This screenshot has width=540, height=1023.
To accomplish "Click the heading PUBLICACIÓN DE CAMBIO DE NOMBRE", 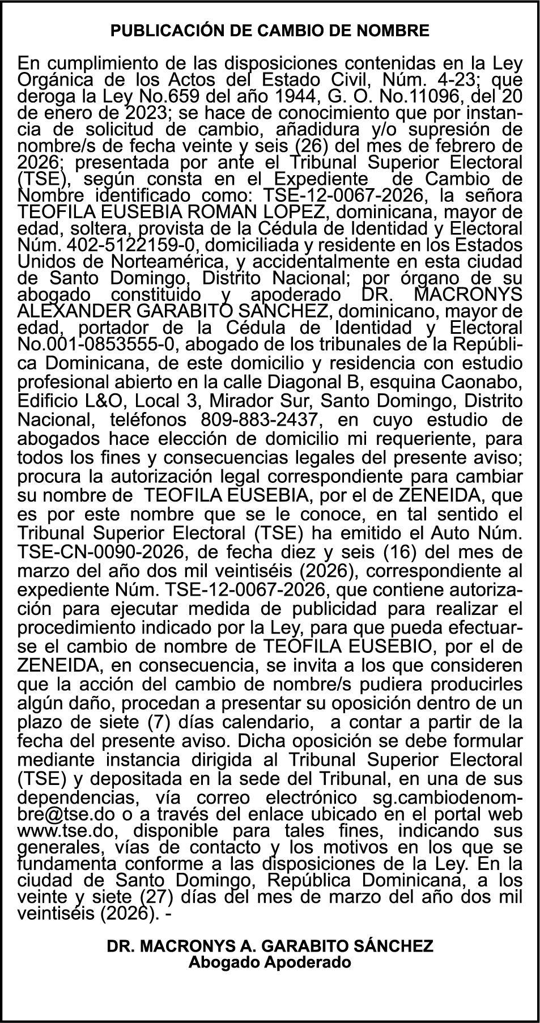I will pyautogui.click(x=270, y=31).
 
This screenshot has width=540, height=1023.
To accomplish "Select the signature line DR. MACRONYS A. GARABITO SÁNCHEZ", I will pyautogui.click(x=270, y=946).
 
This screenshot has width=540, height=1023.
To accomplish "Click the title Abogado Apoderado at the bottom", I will pyautogui.click(x=270, y=962).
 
